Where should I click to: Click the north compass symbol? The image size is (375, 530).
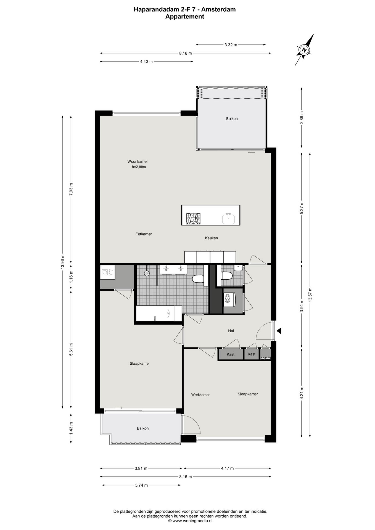[304, 50]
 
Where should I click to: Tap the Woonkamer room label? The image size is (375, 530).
[138, 161]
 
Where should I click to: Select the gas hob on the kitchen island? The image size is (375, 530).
[193, 219]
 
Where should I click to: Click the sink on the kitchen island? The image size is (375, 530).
[228, 219]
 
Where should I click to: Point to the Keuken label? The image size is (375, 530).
[211, 238]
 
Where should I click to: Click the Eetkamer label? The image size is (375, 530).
[144, 234]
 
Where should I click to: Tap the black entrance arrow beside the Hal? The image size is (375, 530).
[279, 331]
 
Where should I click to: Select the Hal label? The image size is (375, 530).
[231, 331]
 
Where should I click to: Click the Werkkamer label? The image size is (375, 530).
[200, 395]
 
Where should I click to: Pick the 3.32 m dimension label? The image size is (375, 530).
[231, 45]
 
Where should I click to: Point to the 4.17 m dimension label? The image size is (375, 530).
[227, 468]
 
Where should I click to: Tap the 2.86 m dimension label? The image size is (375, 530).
[302, 117]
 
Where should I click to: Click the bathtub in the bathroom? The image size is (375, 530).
[159, 313]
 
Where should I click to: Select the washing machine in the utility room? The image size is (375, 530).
[107, 272]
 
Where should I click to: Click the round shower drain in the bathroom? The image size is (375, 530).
[147, 273]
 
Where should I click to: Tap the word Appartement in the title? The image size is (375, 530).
[185, 17]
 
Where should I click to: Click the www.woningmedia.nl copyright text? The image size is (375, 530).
[190, 521]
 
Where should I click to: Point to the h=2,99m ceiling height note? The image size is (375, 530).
[139, 167]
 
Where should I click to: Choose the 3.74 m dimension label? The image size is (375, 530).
[141, 485]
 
